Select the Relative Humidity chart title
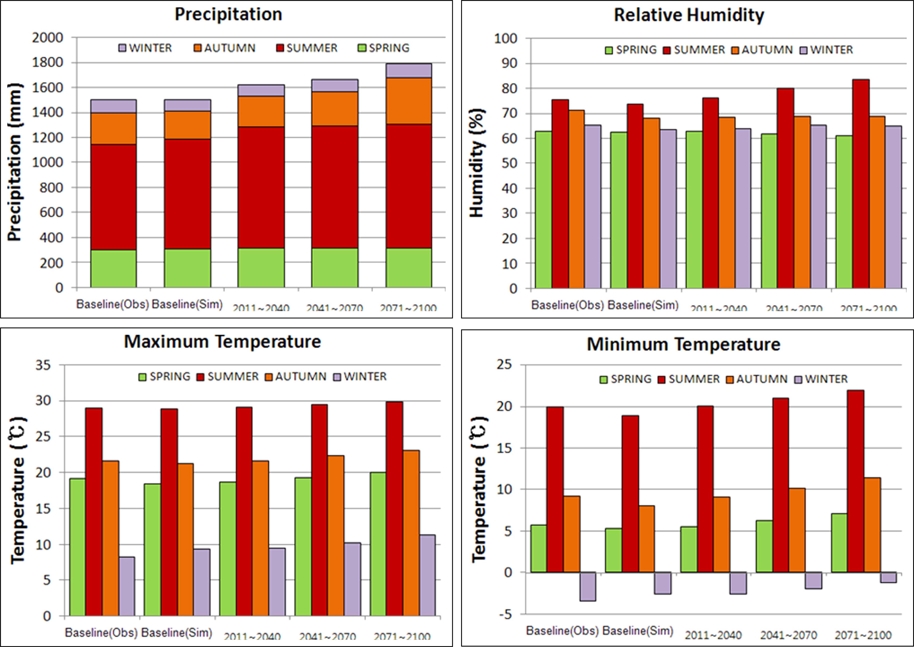689,15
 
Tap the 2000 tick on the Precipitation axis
48,38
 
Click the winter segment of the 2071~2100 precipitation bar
408,71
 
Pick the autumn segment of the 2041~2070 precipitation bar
335,109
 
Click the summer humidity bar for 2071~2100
861,183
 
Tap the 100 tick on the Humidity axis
505,39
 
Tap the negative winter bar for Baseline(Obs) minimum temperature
588,587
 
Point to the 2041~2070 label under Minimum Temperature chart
789,635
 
